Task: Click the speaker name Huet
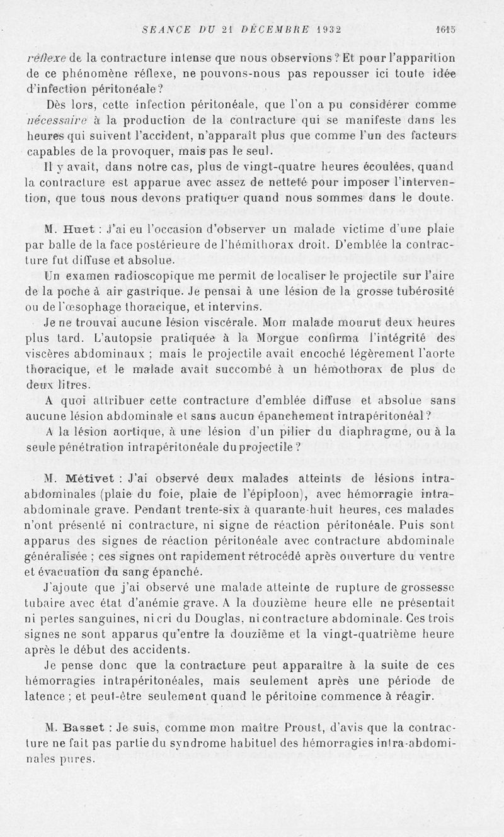click(x=80, y=229)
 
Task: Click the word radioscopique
click(x=129, y=275)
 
